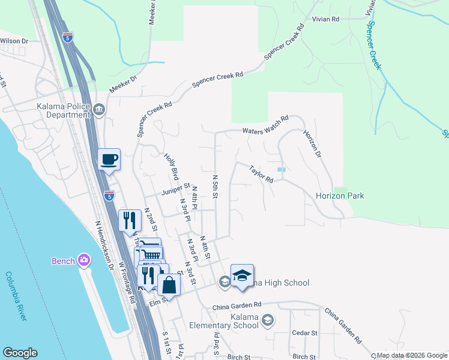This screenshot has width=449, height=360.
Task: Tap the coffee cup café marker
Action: click(109, 160)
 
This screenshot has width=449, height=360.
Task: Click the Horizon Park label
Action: click(340, 196)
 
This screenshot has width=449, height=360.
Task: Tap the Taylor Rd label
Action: click(262, 174)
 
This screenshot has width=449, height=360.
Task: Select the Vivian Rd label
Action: click(326, 20)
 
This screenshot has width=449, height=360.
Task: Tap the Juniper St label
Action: click(175, 192)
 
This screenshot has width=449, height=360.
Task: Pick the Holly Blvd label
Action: click(171, 166)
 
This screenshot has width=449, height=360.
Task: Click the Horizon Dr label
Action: click(313, 145)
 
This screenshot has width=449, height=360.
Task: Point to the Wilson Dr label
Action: click(14, 41)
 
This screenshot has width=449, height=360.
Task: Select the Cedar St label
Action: click(305, 332)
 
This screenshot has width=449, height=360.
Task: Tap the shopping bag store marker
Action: click(169, 284)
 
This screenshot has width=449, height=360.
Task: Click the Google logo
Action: click(20, 353)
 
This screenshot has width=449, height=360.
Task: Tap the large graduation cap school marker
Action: click(242, 275)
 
